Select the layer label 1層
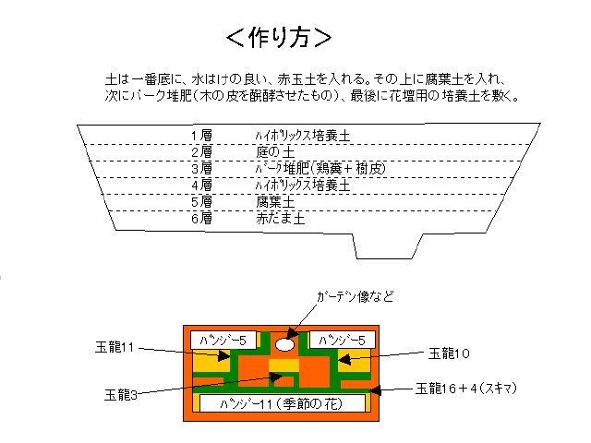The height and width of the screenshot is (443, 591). (x=201, y=136)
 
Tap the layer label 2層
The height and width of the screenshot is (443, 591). (x=201, y=152)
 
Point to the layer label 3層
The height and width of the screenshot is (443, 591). (x=201, y=169)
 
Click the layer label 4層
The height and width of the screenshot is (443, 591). (x=201, y=185)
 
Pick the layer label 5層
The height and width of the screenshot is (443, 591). (x=201, y=201)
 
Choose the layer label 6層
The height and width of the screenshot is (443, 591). (x=201, y=219)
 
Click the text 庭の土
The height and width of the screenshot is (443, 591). (x=274, y=152)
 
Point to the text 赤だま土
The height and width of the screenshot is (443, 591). (x=282, y=219)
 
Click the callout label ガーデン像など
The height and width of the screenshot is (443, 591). (x=355, y=297)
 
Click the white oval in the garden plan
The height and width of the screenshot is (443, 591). (x=284, y=343)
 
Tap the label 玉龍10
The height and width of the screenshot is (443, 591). (x=452, y=352)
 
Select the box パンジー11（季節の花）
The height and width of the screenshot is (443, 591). (x=282, y=403)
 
